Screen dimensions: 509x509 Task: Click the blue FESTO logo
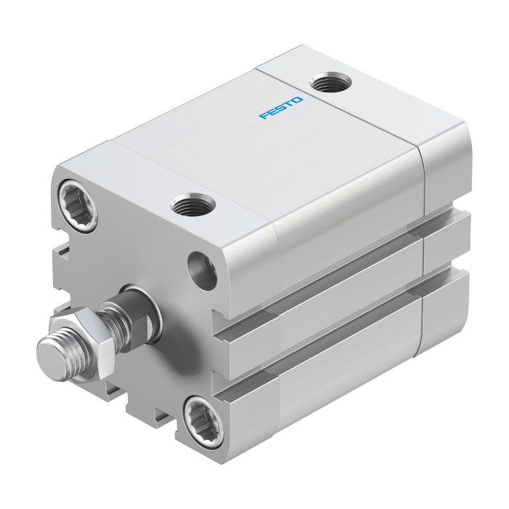pos(281,108)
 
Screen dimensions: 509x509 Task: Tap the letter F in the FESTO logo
pos(264,116)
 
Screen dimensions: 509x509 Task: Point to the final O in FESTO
pos(297,100)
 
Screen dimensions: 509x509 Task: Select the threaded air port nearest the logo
pos(330,81)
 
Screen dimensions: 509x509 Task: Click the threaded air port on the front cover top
pos(192,204)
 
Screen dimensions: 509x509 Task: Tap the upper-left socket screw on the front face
pos(78,205)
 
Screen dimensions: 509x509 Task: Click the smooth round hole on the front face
pos(202,270)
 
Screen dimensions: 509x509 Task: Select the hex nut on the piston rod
pos(81,344)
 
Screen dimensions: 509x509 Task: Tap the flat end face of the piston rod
pos(51,359)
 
